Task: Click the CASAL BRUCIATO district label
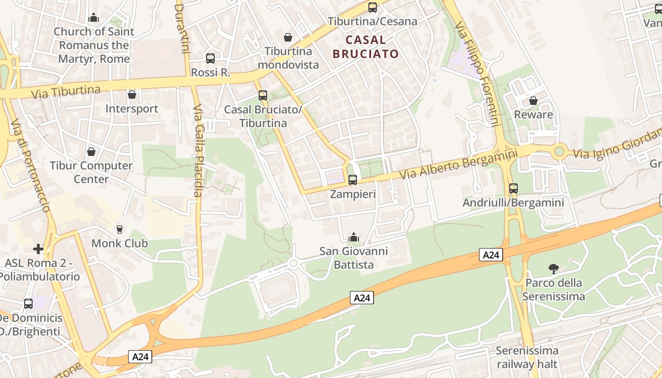(x=366, y=47)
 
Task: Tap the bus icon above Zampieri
(x=352, y=180)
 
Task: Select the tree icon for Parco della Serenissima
(x=553, y=269)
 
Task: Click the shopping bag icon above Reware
(x=533, y=101)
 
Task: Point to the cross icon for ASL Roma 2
(x=38, y=249)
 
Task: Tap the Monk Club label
(x=120, y=243)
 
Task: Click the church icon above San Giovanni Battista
(x=353, y=237)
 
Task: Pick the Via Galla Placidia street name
(x=198, y=157)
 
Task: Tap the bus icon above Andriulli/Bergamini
(x=514, y=188)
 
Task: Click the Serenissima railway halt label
(x=527, y=357)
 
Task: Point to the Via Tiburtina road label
(x=66, y=92)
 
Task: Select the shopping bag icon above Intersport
(x=132, y=94)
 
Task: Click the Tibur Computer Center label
(x=91, y=172)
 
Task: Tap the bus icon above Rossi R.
(x=210, y=58)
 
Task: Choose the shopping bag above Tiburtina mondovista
(x=287, y=37)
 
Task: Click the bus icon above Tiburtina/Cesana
(x=373, y=7)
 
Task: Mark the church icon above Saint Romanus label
(x=94, y=17)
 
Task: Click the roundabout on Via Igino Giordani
(x=559, y=152)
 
